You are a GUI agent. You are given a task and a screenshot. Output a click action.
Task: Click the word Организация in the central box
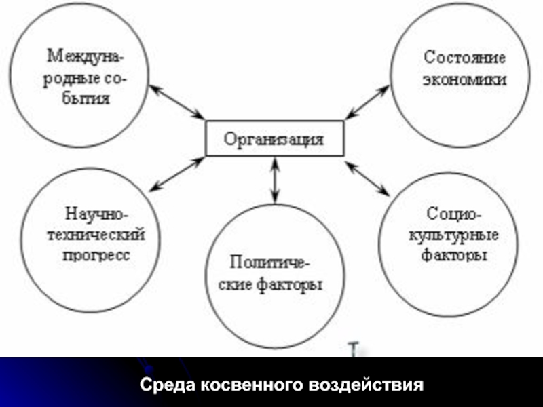tap(274, 140)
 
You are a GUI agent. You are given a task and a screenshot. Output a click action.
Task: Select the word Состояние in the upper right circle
tap(464, 57)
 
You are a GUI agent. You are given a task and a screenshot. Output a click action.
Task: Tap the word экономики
tap(464, 80)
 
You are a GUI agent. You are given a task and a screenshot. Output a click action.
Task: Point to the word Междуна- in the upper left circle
tap(86, 56)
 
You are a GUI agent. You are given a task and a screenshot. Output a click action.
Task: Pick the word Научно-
tap(96, 214)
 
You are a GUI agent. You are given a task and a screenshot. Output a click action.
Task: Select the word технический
tap(96, 235)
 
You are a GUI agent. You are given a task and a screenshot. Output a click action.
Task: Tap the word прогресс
tap(96, 256)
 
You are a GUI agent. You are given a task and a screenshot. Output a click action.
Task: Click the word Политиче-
tap(269, 262)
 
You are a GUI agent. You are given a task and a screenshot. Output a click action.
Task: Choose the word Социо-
tap(453, 214)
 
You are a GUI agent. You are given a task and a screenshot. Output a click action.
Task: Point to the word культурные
tap(453, 235)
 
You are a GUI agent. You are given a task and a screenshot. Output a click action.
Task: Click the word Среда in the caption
tap(168, 385)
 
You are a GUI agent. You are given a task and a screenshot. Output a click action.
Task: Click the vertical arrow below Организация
tap(275, 180)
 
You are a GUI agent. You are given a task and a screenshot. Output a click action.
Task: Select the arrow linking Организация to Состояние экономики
tap(367, 102)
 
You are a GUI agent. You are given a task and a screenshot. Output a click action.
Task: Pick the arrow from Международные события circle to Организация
tap(177, 102)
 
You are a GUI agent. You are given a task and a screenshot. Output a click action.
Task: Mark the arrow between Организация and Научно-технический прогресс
tap(177, 174)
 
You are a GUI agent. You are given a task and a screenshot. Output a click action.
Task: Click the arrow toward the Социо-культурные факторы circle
tap(367, 178)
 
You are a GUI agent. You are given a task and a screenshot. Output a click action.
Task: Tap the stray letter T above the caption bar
tap(354, 349)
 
